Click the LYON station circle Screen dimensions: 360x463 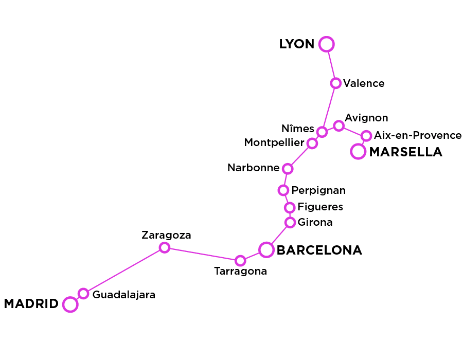pyautogui.click(x=326, y=44)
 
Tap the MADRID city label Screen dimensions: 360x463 pyautogui.click(x=31, y=304)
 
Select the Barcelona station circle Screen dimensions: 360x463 pyautogui.click(x=266, y=250)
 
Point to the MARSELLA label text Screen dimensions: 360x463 pyautogui.click(x=405, y=152)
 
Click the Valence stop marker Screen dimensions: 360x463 pyautogui.click(x=335, y=83)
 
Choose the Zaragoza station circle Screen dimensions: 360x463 pyautogui.click(x=164, y=248)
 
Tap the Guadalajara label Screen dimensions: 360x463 pyautogui.click(x=123, y=295)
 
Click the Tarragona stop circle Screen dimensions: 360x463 pyautogui.click(x=240, y=261)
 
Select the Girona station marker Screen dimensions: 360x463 pyautogui.click(x=290, y=223)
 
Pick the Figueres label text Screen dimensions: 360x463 pyautogui.click(x=320, y=207)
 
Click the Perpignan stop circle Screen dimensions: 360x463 pyautogui.click(x=283, y=190)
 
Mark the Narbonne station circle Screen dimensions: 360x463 pyautogui.click(x=288, y=169)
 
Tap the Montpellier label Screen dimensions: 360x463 pyautogui.click(x=273, y=142)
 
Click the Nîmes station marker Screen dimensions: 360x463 pyautogui.click(x=322, y=132)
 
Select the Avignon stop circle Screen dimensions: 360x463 pyautogui.click(x=339, y=125)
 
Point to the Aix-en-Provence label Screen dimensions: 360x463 pyautogui.click(x=417, y=135)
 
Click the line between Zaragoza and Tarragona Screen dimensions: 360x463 pyautogui.click(x=202, y=254)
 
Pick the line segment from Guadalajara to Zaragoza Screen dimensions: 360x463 pyautogui.click(x=123, y=271)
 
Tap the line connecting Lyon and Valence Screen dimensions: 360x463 pyautogui.click(x=331, y=64)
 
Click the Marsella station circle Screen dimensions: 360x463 pyautogui.click(x=358, y=152)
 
